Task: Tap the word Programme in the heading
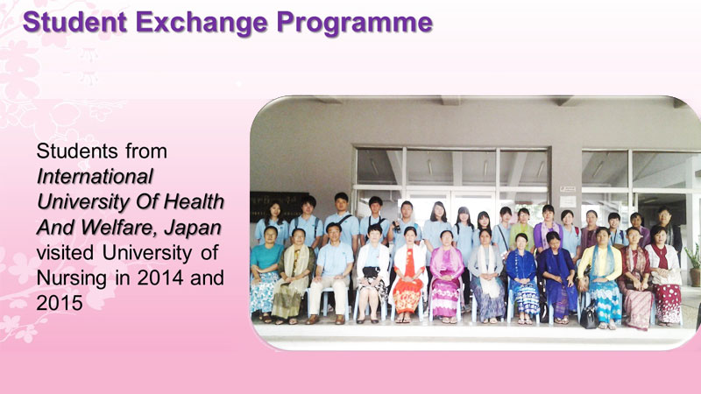coord(355,24)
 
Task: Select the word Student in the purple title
coord(74,22)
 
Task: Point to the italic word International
coord(95,177)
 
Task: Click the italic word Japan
coord(193,228)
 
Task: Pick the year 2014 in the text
coord(160,278)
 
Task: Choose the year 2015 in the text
coord(60,303)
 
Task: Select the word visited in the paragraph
coord(65,252)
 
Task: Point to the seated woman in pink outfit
coord(446,277)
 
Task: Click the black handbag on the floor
coord(588,315)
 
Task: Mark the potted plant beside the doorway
coord(694,264)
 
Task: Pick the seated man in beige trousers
coord(331,273)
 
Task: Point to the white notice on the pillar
coord(568,202)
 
